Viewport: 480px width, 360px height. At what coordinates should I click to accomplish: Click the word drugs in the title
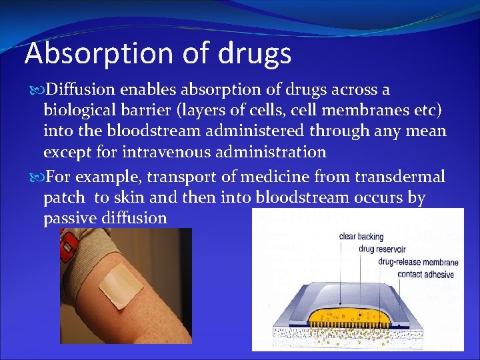(x=258, y=53)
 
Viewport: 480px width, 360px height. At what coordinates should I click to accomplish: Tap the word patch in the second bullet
(x=63, y=198)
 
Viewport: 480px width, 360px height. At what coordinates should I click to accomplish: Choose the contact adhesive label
(x=425, y=274)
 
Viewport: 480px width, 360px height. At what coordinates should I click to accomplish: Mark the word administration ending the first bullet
(x=271, y=152)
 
